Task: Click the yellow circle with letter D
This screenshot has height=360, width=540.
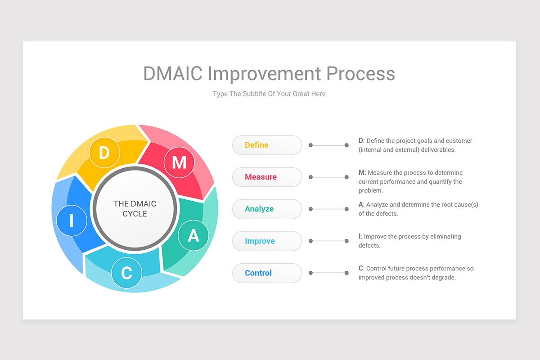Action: [x=104, y=153]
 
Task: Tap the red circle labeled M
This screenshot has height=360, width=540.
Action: [x=179, y=162]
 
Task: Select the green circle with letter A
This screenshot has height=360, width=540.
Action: [x=193, y=235]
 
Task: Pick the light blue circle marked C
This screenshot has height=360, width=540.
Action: [x=127, y=273]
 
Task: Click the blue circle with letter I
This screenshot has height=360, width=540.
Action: [x=72, y=221]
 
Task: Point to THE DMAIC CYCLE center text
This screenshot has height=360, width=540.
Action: [x=135, y=209]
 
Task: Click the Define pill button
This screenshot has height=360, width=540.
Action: [x=267, y=145]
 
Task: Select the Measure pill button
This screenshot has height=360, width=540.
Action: [x=267, y=177]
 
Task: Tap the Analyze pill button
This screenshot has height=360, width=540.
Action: [x=267, y=209]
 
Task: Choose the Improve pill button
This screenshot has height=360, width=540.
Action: [x=267, y=241]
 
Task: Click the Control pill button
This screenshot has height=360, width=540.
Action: [x=267, y=273]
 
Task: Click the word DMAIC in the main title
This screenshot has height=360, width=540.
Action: [x=173, y=74]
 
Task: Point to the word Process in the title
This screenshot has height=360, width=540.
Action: [x=361, y=74]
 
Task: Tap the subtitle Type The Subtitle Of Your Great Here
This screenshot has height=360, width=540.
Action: [x=269, y=94]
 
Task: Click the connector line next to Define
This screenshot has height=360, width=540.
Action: [x=328, y=145]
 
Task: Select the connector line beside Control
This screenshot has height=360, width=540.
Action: [x=328, y=273]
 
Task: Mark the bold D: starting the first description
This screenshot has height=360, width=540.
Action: [x=361, y=141]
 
